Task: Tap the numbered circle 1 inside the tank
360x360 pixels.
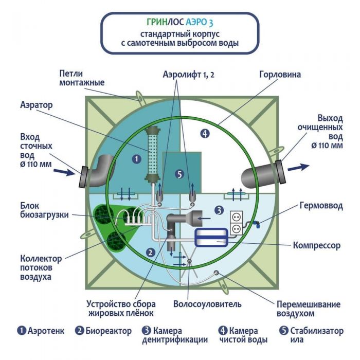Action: [x=136, y=159]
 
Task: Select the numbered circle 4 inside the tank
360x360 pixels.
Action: [x=205, y=134]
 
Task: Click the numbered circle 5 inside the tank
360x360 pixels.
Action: [x=179, y=174]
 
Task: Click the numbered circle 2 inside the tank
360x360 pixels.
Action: [x=150, y=252]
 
